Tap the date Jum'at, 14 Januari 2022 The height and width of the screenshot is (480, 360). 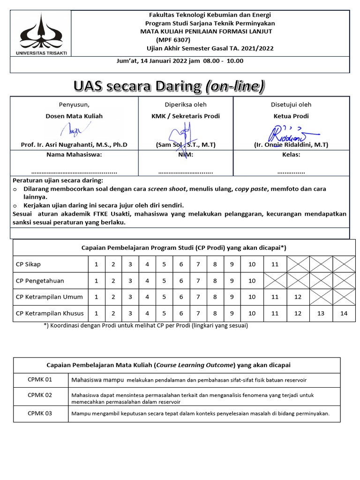tap(151, 61)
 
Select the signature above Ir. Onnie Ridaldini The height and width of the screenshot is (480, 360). tap(291, 134)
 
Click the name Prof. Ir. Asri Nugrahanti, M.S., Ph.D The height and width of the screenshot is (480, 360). tap(74, 145)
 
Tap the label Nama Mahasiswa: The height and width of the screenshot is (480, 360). tap(74, 155)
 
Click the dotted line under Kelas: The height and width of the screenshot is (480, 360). tap(291, 172)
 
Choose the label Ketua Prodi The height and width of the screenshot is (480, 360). tap(291, 116)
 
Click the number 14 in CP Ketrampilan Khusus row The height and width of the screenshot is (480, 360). tap(344, 314)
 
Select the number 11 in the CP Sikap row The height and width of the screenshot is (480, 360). tap(275, 264)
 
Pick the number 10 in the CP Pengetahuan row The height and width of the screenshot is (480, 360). tap(252, 281)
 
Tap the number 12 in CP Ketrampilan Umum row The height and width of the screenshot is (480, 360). tap(298, 297)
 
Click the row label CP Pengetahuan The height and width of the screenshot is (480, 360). tap(40, 281)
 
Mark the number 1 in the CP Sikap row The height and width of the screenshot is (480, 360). tap(97, 264)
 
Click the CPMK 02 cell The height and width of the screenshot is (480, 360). tap(40, 395)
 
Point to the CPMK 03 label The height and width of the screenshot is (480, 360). tap(40, 413)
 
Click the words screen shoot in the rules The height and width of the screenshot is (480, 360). tap(167, 189)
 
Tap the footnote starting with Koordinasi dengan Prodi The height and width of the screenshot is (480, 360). tap(145, 325)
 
